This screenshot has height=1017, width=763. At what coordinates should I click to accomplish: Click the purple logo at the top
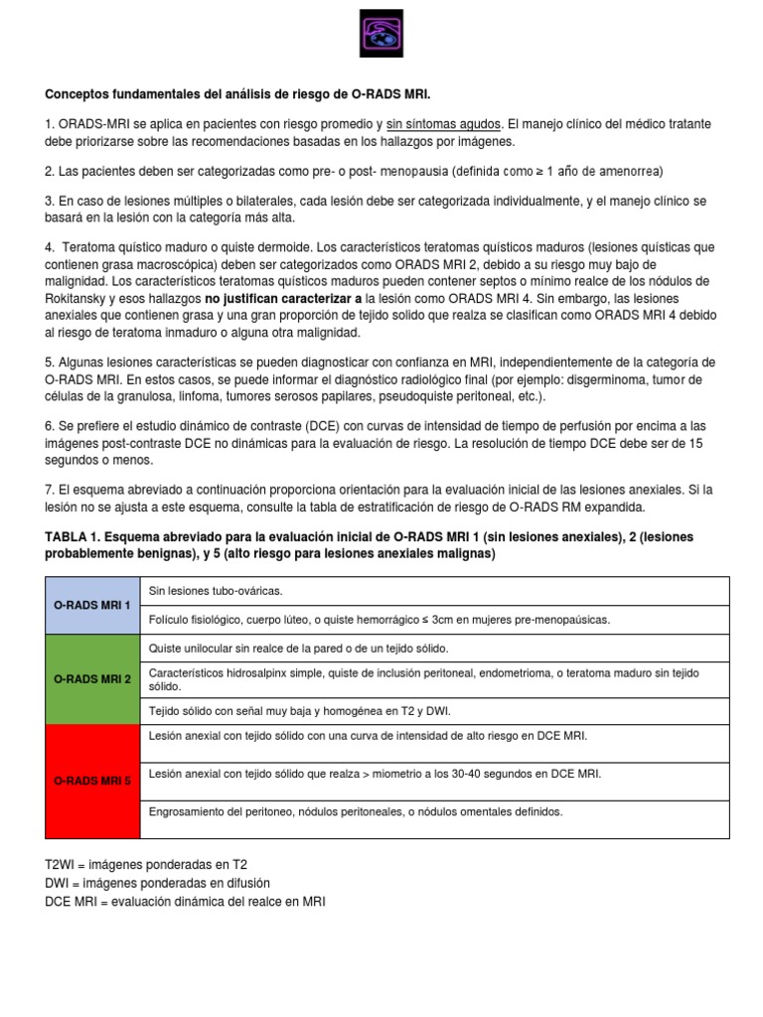[381, 37]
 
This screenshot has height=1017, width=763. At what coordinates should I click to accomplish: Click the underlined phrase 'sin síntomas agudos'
[443, 124]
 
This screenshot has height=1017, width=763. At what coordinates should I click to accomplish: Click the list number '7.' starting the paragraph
[51, 490]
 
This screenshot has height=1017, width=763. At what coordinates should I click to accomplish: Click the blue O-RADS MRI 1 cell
[91, 605]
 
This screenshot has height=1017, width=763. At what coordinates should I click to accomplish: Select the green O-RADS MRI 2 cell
[91, 679]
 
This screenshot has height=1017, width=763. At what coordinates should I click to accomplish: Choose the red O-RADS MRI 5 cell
[91, 781]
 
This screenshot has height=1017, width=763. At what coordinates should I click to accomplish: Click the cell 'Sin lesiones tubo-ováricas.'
[216, 591]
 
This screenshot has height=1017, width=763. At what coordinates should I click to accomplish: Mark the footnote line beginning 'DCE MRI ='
[185, 901]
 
